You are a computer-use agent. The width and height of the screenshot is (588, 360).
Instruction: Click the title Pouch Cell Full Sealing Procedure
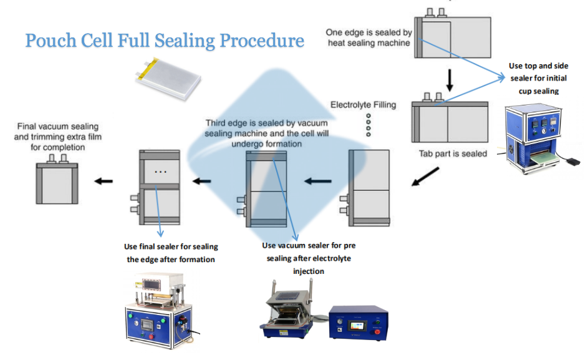coord(165,41)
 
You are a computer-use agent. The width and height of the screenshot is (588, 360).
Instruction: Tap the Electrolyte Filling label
coord(363,104)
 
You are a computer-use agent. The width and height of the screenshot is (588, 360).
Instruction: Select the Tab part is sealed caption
coord(453,153)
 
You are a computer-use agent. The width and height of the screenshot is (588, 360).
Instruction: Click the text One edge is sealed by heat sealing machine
coord(369,37)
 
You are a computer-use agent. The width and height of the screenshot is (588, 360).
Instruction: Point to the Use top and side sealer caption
coord(538,78)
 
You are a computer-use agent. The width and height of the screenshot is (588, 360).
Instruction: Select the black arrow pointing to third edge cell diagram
coord(317,182)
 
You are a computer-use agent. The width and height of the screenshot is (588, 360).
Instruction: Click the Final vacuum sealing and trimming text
coord(58,137)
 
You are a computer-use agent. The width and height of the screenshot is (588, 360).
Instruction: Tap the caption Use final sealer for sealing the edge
coord(171,253)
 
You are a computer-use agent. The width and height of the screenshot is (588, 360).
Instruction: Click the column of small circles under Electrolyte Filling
coord(368,125)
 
